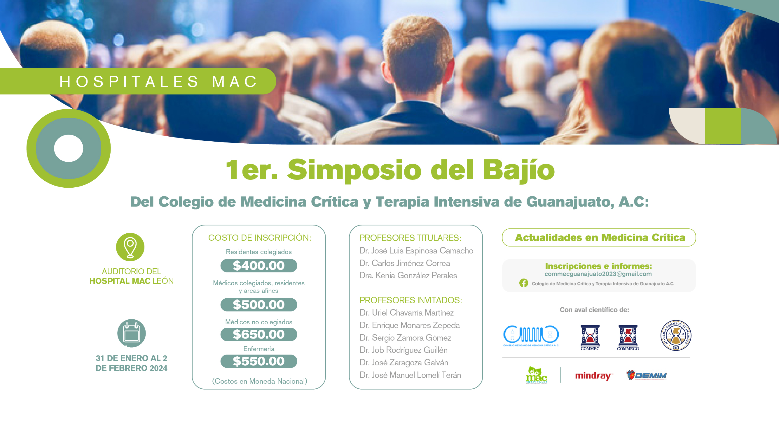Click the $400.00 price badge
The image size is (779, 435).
(258, 265)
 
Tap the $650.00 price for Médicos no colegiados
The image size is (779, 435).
(258, 334)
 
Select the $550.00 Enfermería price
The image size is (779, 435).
(258, 361)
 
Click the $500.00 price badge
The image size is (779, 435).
(258, 304)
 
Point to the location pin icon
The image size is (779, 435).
(130, 247)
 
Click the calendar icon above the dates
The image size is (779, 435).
(132, 333)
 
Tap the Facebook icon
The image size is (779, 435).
(524, 283)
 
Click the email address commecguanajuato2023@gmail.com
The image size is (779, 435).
(598, 274)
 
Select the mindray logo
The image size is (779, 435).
(593, 376)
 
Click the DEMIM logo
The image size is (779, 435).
(647, 375)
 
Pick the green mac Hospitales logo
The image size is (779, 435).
(537, 375)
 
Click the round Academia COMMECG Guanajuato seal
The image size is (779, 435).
(676, 335)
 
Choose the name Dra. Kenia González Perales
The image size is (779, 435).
(408, 276)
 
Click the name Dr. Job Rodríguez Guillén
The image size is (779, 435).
(404, 350)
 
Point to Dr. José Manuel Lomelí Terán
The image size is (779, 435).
(411, 375)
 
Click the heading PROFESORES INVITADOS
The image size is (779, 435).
(411, 300)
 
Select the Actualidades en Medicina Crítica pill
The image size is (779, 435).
(599, 237)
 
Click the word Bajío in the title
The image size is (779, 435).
(519, 170)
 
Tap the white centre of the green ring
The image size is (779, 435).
(69, 148)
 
